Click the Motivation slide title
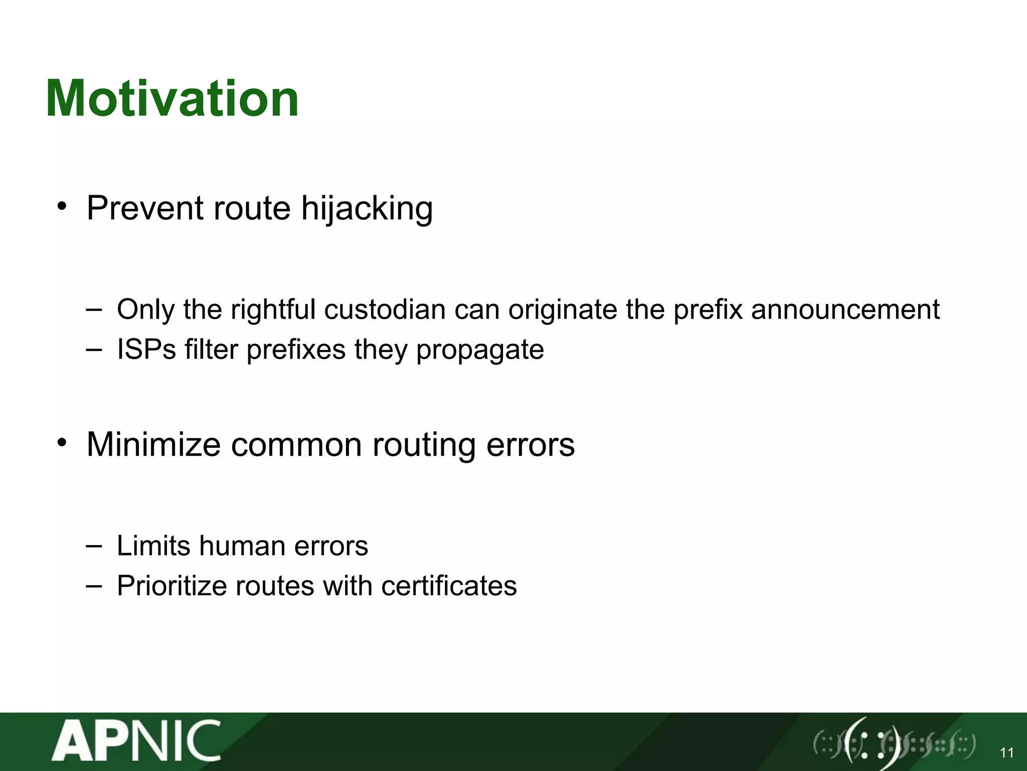pyautogui.click(x=172, y=99)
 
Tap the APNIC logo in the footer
pyautogui.click(x=136, y=741)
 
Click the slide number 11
pyautogui.click(x=1006, y=752)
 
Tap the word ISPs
pyautogui.click(x=146, y=349)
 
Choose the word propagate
pyautogui.click(x=480, y=350)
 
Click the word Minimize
pyautogui.click(x=153, y=445)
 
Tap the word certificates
pyautogui.click(x=449, y=586)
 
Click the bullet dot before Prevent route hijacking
pyautogui.click(x=62, y=206)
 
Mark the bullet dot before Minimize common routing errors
pyautogui.click(x=62, y=442)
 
